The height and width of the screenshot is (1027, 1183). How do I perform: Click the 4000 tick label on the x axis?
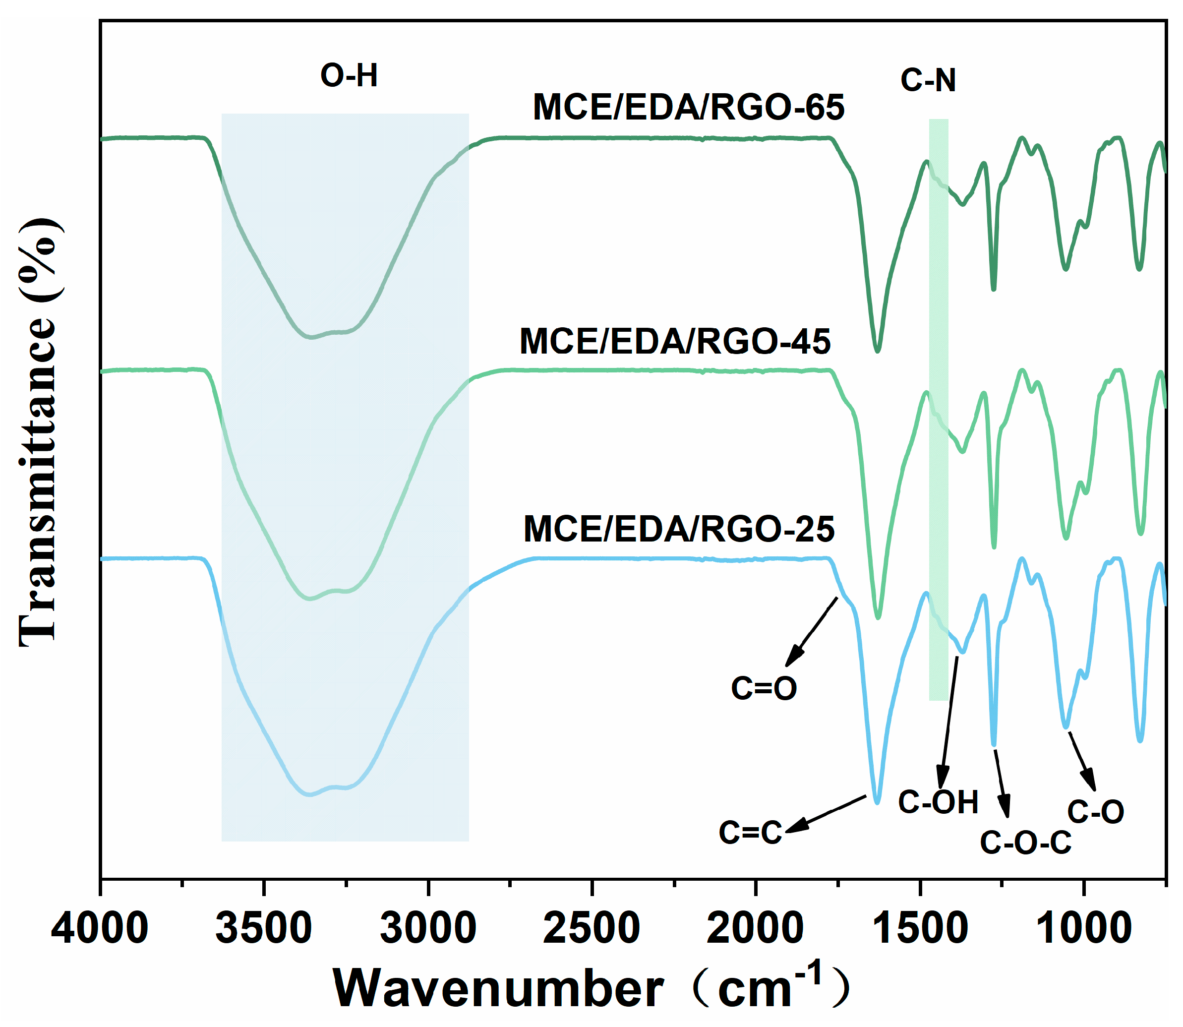click(x=100, y=928)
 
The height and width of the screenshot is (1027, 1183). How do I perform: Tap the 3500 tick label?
click(x=264, y=928)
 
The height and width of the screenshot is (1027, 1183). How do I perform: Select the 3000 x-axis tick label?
click(x=428, y=928)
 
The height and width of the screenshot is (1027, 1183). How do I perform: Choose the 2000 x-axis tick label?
click(x=756, y=928)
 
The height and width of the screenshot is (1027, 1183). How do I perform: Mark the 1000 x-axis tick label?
click(x=1083, y=928)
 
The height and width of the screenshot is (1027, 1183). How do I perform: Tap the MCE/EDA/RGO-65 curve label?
click(x=689, y=107)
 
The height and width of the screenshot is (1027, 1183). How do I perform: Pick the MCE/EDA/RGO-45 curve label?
click(x=675, y=342)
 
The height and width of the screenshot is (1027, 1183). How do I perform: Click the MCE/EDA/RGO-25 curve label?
click(x=679, y=529)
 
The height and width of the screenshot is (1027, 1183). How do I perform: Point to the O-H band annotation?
click(x=349, y=76)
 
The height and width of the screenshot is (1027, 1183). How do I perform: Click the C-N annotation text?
click(x=928, y=80)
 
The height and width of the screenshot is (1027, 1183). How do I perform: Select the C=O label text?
click(x=764, y=688)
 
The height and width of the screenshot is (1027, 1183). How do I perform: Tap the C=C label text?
click(x=751, y=833)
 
